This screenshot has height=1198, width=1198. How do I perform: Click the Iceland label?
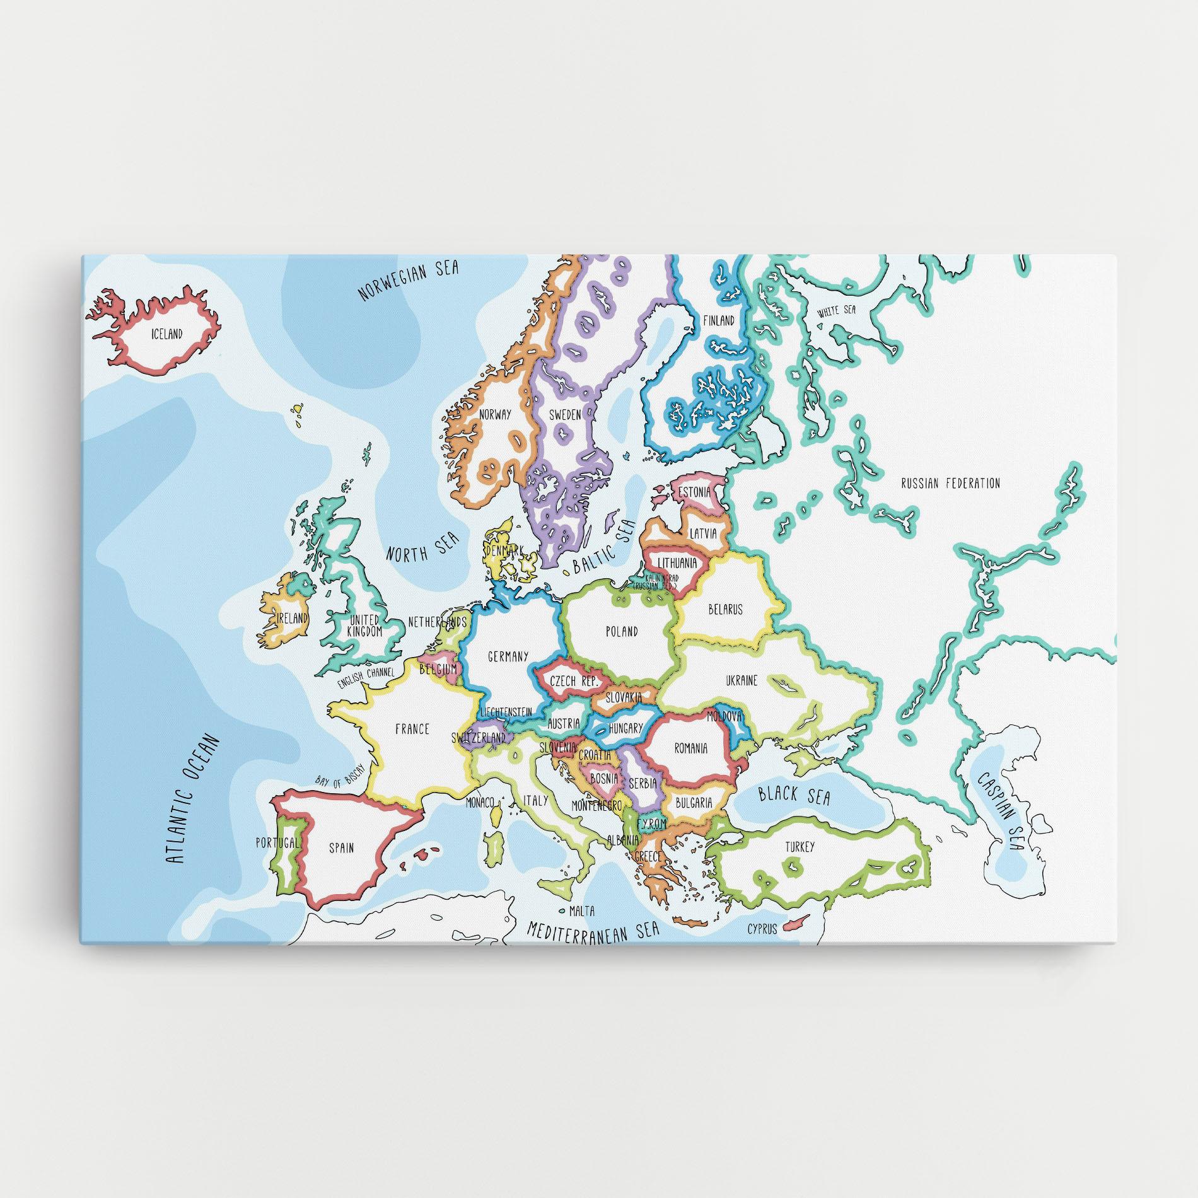(x=166, y=334)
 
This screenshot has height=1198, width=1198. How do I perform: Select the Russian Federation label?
(x=950, y=484)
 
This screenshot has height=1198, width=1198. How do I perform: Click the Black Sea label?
(x=794, y=795)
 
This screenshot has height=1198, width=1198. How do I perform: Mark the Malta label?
(x=581, y=911)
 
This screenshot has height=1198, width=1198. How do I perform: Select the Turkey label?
(x=800, y=847)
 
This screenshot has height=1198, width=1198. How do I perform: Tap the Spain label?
(x=341, y=848)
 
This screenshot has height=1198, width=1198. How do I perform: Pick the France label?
(x=412, y=729)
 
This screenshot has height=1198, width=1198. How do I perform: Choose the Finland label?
(x=719, y=320)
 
